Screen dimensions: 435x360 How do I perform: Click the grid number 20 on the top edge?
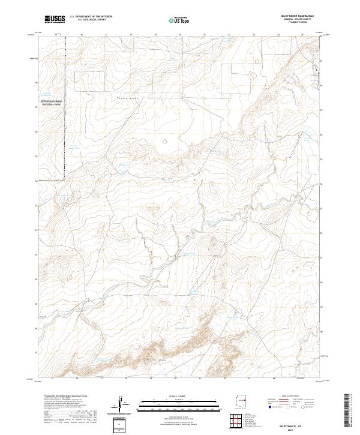pos(180,35)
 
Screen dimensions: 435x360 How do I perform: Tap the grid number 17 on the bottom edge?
pos(101,379)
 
